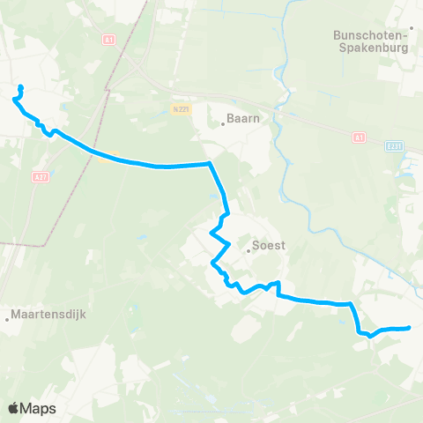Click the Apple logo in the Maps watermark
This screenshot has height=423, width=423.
tap(14, 408)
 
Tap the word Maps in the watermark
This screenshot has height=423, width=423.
tap(39, 408)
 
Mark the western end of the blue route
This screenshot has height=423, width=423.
tap(20, 86)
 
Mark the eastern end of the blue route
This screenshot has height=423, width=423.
tap(410, 329)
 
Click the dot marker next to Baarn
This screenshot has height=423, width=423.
tap(223, 124)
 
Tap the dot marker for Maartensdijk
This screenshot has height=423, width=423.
tap(7, 319)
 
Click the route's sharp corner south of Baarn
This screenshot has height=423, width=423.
tap(209, 163)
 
